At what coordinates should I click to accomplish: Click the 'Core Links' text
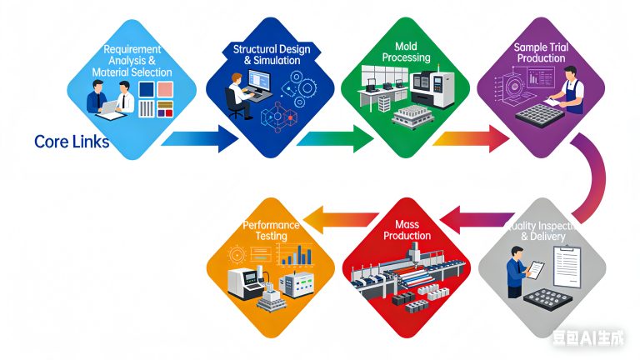click(72, 142)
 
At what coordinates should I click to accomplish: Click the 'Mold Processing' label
click(406, 52)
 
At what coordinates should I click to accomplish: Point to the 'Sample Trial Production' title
click(541, 54)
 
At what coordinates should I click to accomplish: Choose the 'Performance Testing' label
click(264, 231)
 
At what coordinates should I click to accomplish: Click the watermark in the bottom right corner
click(592, 337)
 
